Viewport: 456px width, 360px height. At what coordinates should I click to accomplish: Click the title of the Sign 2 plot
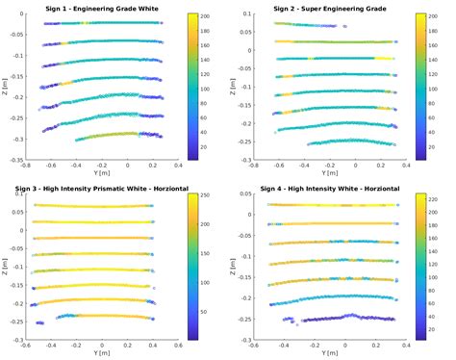click(x=322, y=8)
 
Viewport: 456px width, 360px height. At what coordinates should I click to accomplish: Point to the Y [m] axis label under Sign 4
click(x=322, y=353)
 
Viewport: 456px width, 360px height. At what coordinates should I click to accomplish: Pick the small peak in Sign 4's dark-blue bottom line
click(x=348, y=315)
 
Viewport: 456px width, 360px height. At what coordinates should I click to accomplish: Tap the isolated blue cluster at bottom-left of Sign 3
click(x=39, y=322)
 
